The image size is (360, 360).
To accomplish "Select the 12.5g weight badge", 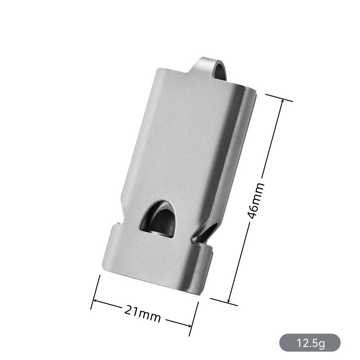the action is point(310,343).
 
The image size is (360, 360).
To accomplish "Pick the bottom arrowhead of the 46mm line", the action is point(229,300).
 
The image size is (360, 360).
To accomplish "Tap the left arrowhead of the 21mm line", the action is point(95,301).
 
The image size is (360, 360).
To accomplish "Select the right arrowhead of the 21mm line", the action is point(189,325).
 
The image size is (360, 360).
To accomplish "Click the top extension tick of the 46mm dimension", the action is point(279,98).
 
